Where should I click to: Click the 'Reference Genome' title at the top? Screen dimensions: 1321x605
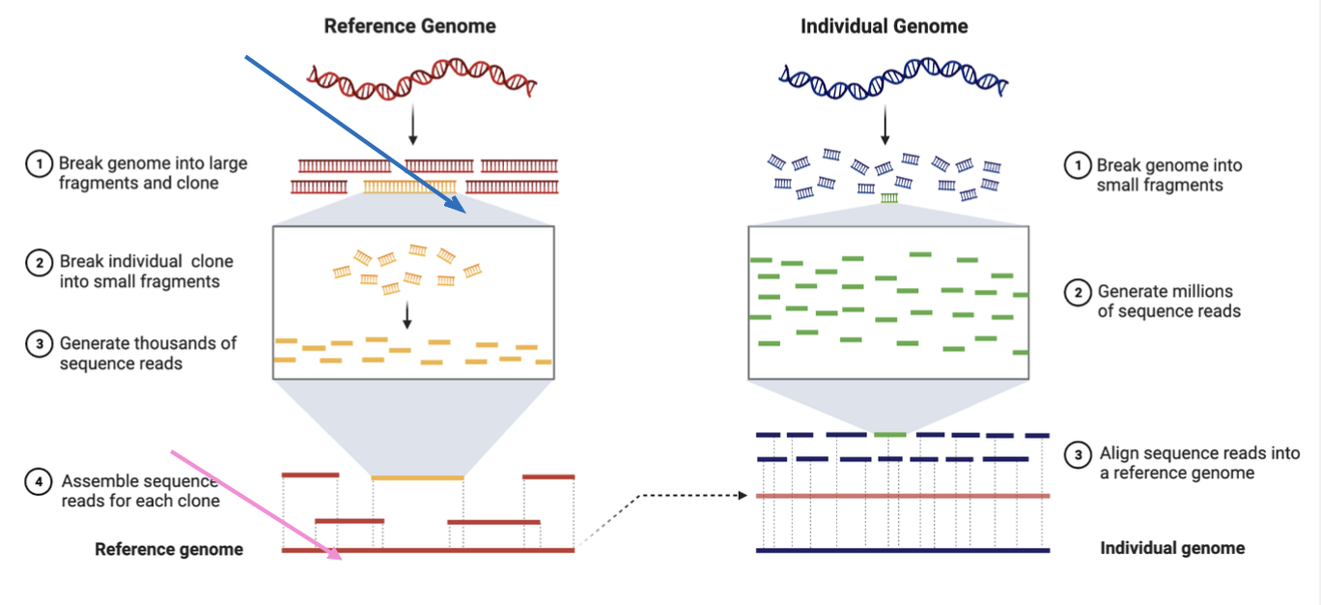409,26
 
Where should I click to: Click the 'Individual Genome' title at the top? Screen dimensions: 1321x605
884,26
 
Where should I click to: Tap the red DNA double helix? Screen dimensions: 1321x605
422,78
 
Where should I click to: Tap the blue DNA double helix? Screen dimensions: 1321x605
893,78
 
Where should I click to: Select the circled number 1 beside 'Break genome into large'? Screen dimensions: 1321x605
39,163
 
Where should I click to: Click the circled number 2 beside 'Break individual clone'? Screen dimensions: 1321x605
39,262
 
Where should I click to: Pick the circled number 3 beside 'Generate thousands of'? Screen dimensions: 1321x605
39,343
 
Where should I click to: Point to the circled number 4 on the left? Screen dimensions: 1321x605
39,481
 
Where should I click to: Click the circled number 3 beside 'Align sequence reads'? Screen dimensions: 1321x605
1078,454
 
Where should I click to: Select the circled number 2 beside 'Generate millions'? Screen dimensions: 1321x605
1078,293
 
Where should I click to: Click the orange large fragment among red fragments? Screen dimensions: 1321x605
409,187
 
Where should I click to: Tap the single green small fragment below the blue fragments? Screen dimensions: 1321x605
889,198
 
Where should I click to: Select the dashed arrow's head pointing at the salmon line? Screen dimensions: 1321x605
744,495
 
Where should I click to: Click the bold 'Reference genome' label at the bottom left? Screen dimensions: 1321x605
169,549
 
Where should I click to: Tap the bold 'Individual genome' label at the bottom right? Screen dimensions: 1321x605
1172,548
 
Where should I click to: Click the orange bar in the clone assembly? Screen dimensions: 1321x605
417,477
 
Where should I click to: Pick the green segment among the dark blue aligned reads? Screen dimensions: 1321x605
890,434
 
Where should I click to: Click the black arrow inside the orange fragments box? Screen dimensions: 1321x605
407,315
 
